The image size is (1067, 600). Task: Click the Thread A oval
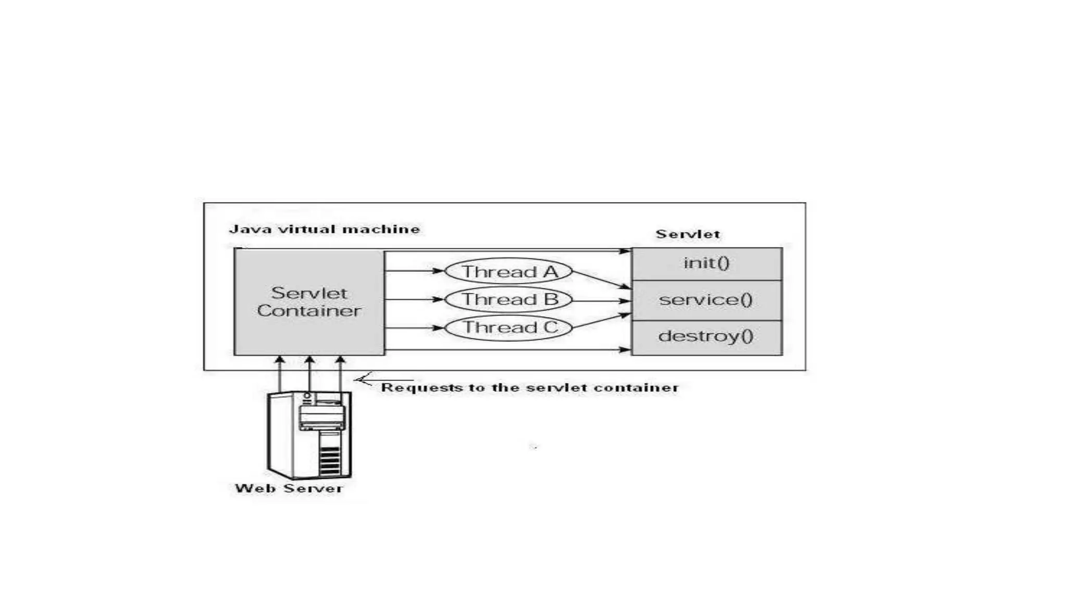508,271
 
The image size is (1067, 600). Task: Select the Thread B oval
508,299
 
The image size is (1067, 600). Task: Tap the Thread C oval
508,328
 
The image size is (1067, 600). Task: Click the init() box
706,264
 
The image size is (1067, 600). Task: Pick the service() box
706,300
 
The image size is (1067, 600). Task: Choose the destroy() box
706,337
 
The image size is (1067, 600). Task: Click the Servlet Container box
309,302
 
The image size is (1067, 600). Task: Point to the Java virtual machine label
324,229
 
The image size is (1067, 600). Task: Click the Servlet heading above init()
688,234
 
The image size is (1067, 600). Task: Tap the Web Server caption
289,489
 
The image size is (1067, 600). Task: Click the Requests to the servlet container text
529,387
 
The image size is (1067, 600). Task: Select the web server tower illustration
309,434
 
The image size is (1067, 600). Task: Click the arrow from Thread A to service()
602,280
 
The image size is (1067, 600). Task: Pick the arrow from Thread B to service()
602,301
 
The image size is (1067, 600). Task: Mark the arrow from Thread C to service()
602,321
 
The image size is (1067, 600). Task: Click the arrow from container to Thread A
414,271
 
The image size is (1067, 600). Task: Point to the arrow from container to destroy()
508,349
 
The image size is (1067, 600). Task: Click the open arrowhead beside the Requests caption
364,380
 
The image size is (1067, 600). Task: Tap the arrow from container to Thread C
414,328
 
